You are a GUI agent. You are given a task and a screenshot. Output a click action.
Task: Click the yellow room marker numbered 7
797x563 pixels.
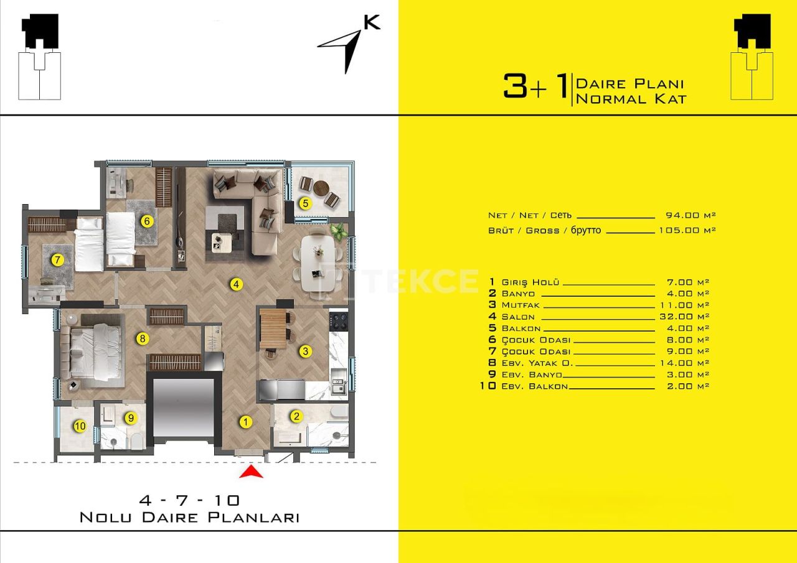[x=57, y=260]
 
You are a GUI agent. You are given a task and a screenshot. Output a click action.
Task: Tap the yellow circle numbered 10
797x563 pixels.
[x=80, y=426]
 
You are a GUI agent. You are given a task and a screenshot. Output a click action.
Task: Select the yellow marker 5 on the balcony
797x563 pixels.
[x=305, y=203]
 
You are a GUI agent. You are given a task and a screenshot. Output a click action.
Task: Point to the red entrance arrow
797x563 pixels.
[x=251, y=472]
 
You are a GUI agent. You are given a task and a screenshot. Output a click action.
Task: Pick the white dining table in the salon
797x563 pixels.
[x=318, y=263]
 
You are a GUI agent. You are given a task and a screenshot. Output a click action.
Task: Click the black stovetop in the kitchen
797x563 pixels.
[x=338, y=320]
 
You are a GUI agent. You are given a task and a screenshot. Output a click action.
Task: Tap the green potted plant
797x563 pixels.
[x=338, y=231]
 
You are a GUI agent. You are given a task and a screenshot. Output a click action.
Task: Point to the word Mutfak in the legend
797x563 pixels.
[x=521, y=305]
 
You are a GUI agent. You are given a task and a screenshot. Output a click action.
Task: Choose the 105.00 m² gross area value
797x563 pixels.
[x=687, y=230]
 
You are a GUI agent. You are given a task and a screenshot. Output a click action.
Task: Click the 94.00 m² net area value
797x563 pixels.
[x=691, y=215]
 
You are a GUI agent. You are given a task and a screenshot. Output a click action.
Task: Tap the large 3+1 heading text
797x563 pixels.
[x=535, y=86]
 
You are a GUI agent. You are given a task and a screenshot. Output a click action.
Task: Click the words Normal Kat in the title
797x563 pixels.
[x=631, y=99]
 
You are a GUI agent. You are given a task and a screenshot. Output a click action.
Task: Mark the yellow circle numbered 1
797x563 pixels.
[x=245, y=422]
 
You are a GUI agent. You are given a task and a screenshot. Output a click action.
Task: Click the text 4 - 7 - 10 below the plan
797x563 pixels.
[x=189, y=500]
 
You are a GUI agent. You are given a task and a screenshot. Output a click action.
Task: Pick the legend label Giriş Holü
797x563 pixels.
[x=530, y=282]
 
